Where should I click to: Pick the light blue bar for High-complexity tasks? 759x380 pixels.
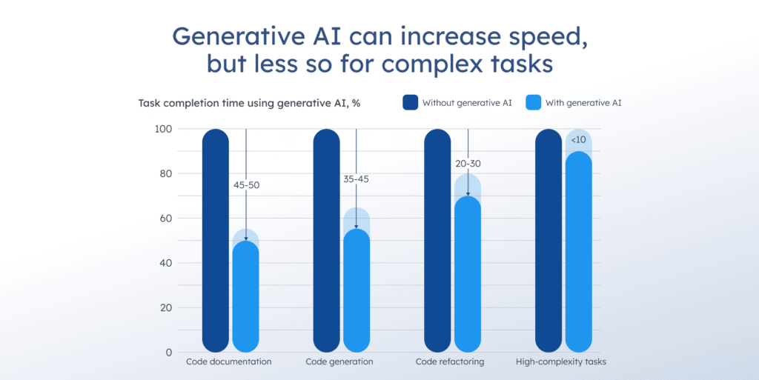point(579,252)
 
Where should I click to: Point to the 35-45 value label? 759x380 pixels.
point(357,179)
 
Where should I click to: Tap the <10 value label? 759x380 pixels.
point(579,140)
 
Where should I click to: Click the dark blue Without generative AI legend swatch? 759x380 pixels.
point(411,103)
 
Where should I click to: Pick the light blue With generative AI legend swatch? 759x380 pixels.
point(533,103)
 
